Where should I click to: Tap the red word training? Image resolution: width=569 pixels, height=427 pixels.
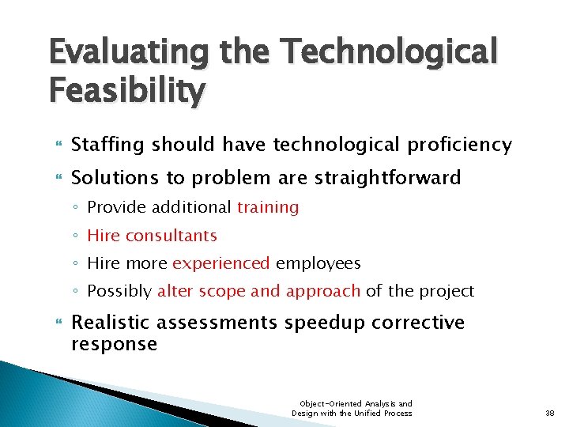(x=268, y=207)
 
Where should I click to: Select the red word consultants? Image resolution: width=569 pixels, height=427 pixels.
(x=171, y=235)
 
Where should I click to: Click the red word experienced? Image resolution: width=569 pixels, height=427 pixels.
(x=221, y=263)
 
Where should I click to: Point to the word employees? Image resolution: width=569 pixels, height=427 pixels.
(x=318, y=263)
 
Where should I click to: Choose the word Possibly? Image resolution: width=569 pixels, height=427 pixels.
(x=119, y=291)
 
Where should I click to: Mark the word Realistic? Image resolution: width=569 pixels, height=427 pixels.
(x=111, y=323)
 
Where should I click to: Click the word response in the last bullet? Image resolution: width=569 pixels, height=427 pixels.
(x=114, y=344)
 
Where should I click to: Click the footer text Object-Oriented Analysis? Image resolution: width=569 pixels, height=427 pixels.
(x=351, y=403)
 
